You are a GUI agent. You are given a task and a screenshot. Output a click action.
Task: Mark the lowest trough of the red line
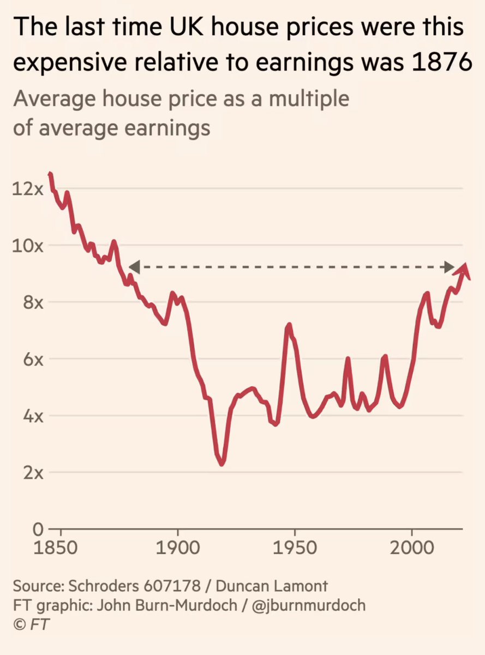coord(221,464)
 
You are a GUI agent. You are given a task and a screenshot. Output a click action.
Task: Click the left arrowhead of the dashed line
coord(134,267)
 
